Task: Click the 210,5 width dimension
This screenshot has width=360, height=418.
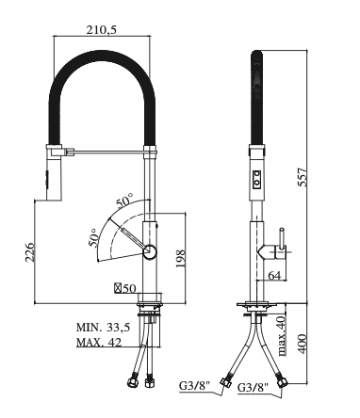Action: tap(102, 30)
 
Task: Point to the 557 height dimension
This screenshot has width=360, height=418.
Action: tap(303, 177)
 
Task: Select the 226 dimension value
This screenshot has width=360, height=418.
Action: tap(29, 252)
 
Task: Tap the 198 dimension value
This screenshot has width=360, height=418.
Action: tap(180, 259)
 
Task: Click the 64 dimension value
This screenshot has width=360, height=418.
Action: tap(274, 275)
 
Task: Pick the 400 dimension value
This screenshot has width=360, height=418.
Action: tap(302, 344)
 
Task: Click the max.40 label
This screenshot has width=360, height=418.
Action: tap(282, 335)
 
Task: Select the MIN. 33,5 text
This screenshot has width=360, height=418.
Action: tap(103, 328)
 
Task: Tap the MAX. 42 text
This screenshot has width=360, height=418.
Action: tap(99, 342)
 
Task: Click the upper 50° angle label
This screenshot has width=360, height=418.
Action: tap(124, 201)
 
